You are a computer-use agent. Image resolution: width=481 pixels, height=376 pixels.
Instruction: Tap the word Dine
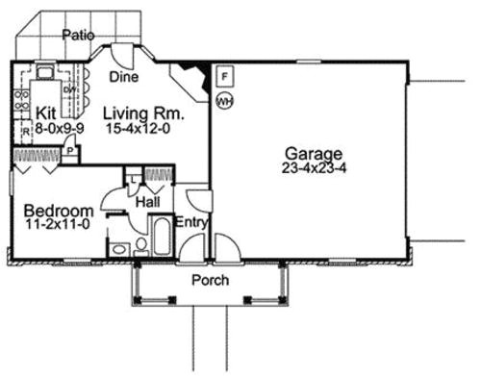[122, 76]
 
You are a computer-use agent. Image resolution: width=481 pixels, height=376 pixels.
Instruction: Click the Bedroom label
[58, 211]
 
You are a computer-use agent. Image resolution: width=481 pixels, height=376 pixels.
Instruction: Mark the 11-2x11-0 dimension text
[58, 227]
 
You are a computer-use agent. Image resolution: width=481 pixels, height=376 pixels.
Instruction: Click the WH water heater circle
[224, 99]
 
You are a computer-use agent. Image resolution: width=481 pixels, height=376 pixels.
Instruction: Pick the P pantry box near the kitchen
[71, 151]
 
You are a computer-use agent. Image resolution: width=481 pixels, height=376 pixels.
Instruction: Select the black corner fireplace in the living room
[192, 75]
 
